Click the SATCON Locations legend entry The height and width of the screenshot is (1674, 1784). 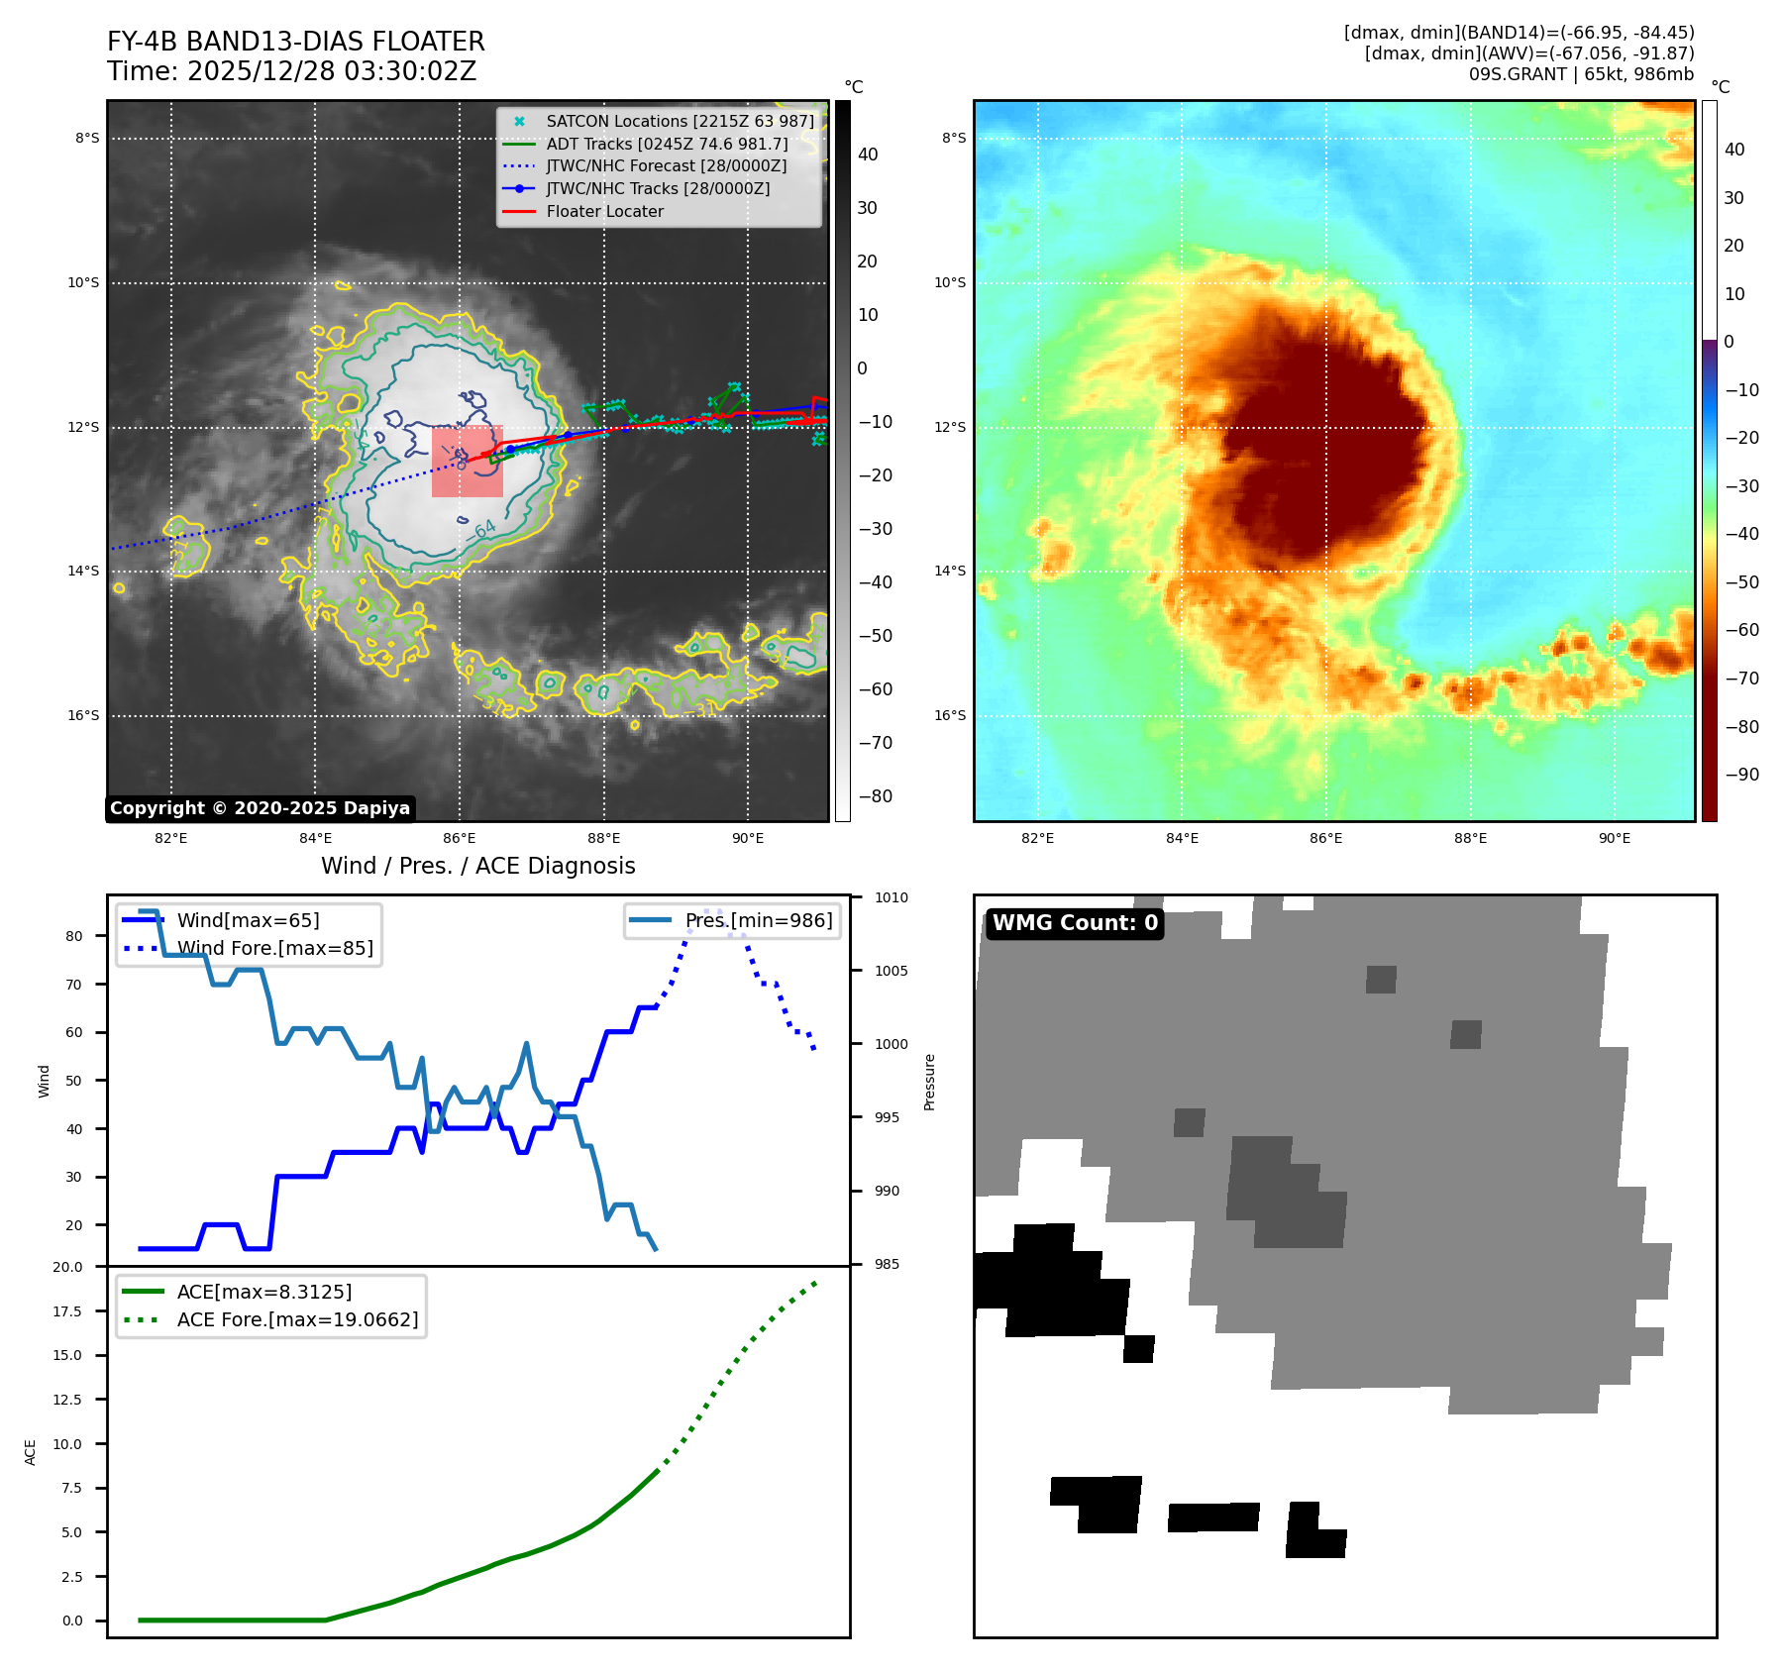click(680, 121)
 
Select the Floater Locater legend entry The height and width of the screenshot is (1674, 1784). click(604, 211)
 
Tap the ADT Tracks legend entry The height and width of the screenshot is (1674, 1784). click(667, 144)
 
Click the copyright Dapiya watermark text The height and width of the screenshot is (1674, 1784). click(260, 808)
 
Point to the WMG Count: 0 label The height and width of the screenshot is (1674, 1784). click(1075, 923)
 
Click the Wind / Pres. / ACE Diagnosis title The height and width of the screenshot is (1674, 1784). click(477, 866)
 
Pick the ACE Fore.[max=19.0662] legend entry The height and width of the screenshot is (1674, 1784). click(297, 1319)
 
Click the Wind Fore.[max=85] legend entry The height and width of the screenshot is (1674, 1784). click(274, 948)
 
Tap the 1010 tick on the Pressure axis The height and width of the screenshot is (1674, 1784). click(891, 897)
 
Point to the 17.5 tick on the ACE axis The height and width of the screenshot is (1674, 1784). click(67, 1311)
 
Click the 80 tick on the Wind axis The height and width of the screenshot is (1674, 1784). click(73, 936)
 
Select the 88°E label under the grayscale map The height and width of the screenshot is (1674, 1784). click(603, 838)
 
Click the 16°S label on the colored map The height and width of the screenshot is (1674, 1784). click(950, 715)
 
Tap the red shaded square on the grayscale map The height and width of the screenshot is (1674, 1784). click(468, 462)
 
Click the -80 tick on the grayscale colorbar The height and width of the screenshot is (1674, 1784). click(875, 796)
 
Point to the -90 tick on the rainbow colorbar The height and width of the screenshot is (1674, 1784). click(1741, 775)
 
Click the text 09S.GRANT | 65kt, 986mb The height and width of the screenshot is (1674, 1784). click(1581, 74)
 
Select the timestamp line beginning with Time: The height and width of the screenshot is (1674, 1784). click(291, 71)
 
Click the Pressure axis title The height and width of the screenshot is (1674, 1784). click(929, 1082)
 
